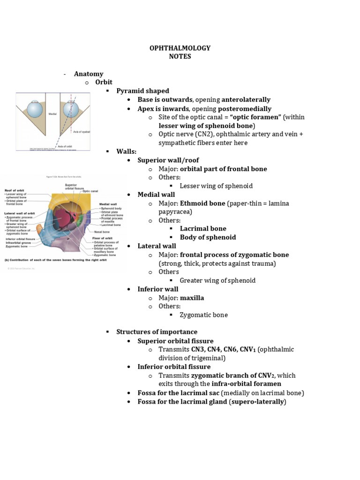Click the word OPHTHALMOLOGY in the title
[180, 48]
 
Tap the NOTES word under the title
[180, 57]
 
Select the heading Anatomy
[88, 74]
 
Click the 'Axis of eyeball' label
[81, 133]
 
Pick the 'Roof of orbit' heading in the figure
[15, 190]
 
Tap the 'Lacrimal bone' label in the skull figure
[111, 225]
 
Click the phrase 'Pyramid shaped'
[142, 91]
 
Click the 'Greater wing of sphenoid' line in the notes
[217, 280]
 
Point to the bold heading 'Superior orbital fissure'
[175, 341]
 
